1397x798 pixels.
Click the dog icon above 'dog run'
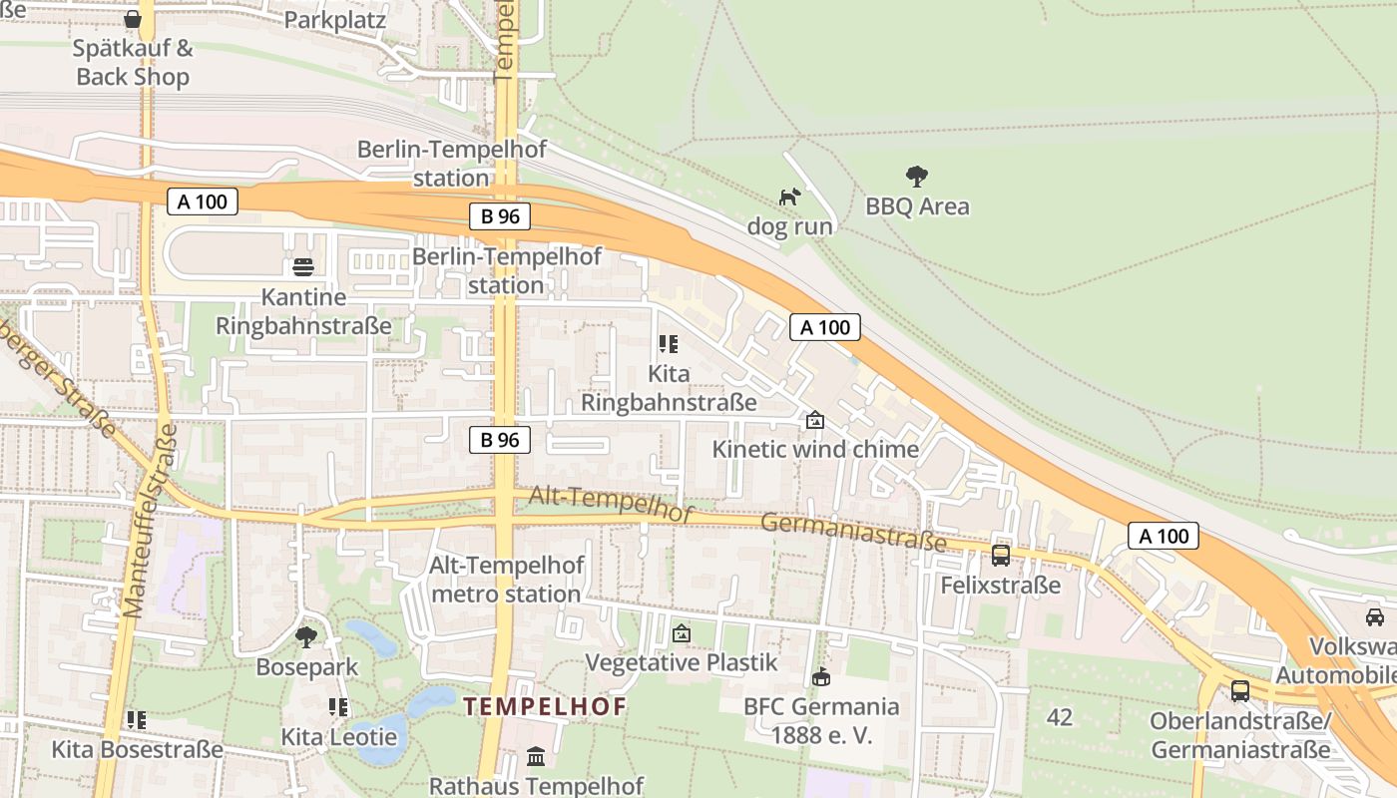pos(789,197)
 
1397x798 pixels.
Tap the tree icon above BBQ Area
pos(917,177)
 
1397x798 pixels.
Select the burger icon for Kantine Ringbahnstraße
pos(303,267)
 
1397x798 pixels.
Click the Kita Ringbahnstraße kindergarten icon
pos(669,344)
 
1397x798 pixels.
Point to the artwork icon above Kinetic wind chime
pos(815,420)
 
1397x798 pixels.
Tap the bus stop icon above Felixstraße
pos(1000,556)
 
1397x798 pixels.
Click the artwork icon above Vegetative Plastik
pos(682,632)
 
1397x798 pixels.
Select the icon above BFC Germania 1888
pos(820,677)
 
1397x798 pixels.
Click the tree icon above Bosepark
pos(306,636)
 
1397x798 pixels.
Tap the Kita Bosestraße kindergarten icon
pos(137,719)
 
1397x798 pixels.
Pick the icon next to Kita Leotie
pos(338,707)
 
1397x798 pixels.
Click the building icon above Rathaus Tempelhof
pos(536,756)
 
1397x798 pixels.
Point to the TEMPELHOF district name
pos(545,707)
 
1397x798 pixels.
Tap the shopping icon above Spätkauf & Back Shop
pos(133,19)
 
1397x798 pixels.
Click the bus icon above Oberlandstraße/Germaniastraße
pos(1240,690)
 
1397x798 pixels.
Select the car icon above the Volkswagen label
pos(1375,616)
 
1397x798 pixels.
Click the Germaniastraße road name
pos(853,532)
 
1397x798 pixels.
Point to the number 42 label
pos(1060,717)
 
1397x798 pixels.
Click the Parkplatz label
pos(335,20)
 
